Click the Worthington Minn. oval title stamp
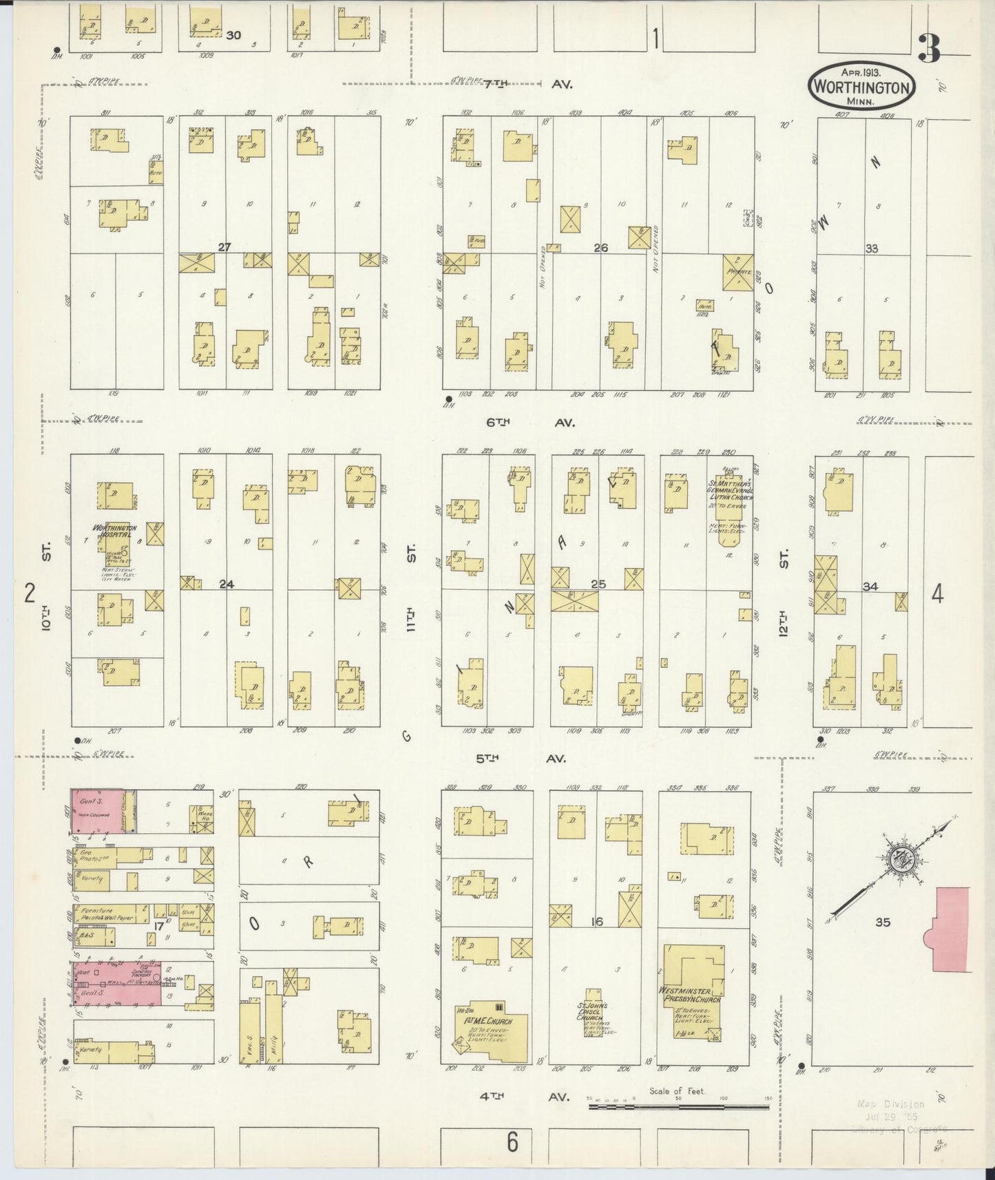tap(862, 86)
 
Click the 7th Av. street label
tap(527, 84)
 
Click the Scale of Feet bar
tap(678, 1107)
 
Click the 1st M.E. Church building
tap(490, 1031)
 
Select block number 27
tap(224, 246)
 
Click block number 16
tap(596, 921)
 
